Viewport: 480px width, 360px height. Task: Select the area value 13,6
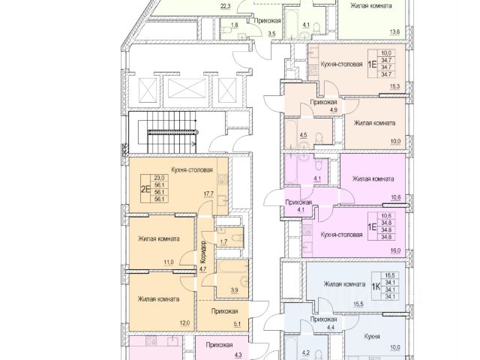395,31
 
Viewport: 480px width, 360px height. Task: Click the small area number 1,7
224,242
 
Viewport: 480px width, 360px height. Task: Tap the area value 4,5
304,136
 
